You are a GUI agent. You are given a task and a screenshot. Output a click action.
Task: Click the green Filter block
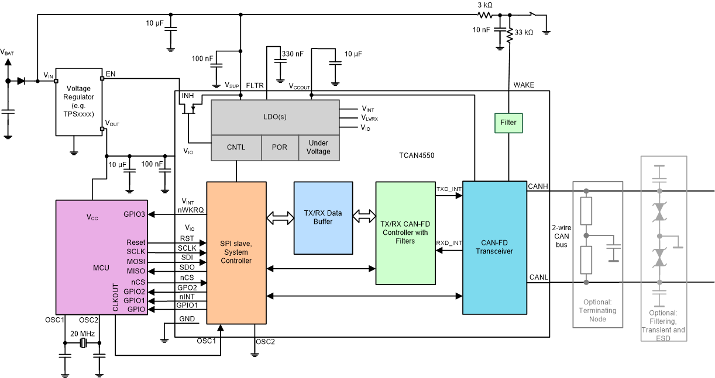pos(508,123)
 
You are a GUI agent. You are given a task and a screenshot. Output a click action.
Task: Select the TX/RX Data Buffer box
pos(323,217)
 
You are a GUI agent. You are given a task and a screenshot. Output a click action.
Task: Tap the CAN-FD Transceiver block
pos(494,247)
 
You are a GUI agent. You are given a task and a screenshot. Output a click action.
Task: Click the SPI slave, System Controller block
pos(236,256)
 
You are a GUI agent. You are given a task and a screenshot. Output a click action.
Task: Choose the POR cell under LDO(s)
pos(280,147)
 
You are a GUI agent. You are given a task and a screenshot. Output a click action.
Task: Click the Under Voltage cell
pos(319,147)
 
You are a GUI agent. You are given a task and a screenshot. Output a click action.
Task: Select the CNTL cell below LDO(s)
pos(236,147)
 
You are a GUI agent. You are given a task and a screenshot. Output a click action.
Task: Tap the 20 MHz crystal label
pos(82,333)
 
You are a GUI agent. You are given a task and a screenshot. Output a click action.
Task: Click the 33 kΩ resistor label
pos(523,33)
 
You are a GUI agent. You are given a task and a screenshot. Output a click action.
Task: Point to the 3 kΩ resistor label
pos(485,5)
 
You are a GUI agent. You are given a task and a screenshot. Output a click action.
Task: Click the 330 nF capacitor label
pos(293,54)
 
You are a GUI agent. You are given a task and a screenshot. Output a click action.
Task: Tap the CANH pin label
pos(538,186)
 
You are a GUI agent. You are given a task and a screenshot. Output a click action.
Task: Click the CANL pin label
pos(538,277)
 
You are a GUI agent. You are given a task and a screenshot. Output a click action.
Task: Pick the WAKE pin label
pos(524,85)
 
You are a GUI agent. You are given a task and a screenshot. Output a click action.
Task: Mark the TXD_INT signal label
pos(449,189)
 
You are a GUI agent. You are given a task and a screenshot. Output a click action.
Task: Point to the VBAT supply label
pos(7,53)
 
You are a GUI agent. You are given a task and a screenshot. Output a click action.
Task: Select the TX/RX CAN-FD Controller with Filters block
pos(405,233)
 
